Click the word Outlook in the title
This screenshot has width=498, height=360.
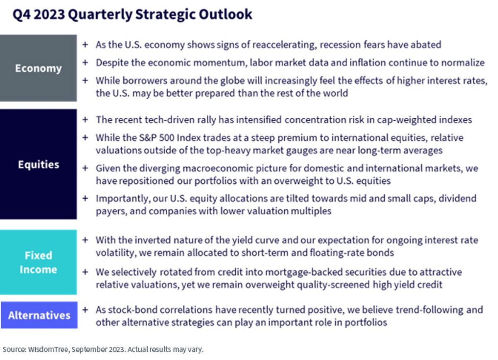coord(225,14)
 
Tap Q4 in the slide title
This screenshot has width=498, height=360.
coord(22,15)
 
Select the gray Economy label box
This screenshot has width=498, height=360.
coord(39,68)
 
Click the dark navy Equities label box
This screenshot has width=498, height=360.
coord(39,164)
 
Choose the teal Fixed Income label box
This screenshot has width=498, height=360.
coord(39,262)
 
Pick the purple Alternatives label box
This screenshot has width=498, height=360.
coord(39,315)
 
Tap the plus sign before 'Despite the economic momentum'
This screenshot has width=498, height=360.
coord(85,63)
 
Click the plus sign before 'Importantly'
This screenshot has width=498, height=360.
coord(85,198)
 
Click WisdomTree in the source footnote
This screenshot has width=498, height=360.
coord(48,349)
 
